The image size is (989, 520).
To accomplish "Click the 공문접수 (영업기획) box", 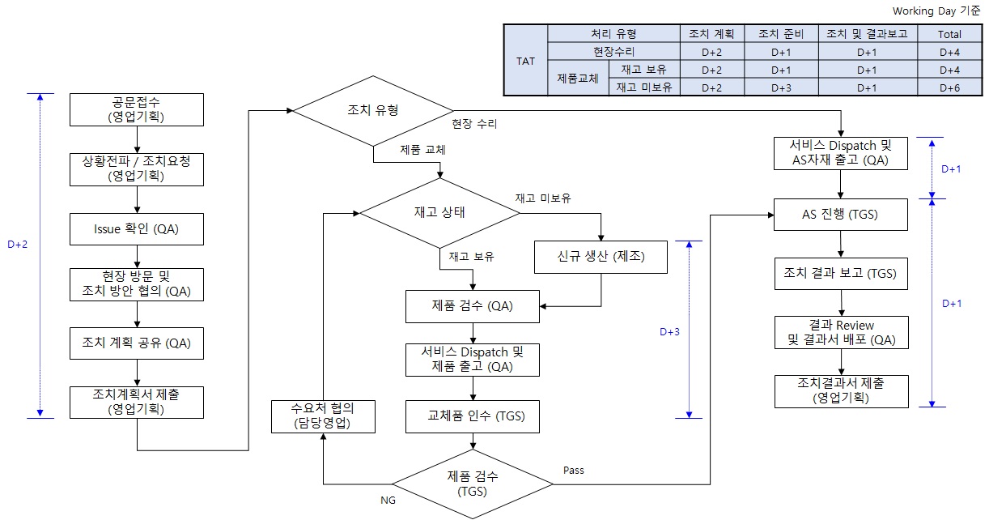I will pos(136,109).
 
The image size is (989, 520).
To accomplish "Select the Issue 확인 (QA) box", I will pos(136,230).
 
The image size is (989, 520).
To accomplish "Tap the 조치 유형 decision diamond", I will pos(373,110).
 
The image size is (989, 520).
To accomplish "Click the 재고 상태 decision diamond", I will pos(439,213).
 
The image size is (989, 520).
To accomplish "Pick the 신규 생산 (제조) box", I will pos(601,258).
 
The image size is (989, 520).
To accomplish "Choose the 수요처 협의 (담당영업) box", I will pos(323,415).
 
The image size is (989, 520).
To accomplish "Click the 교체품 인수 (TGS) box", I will pos(473,416).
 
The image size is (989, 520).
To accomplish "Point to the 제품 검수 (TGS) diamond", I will pos(473,484).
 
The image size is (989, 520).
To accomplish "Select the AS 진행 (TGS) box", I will pos(841,215).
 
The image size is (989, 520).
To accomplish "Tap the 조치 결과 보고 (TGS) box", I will pos(841,273).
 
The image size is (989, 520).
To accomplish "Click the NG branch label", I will pos(388,501).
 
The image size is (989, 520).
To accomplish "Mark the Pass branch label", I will pos(573,470).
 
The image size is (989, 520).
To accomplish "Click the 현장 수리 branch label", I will pos(475,124).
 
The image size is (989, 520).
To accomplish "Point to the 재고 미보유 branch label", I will pos(544,198).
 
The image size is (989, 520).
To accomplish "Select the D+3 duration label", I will pos(669,331).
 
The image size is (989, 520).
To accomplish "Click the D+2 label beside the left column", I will pos(17,245).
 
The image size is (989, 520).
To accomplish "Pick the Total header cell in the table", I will pos(949,34).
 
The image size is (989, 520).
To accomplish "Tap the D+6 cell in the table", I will pos(949,87).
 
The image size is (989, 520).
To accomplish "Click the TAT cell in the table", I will pos(525,61).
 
